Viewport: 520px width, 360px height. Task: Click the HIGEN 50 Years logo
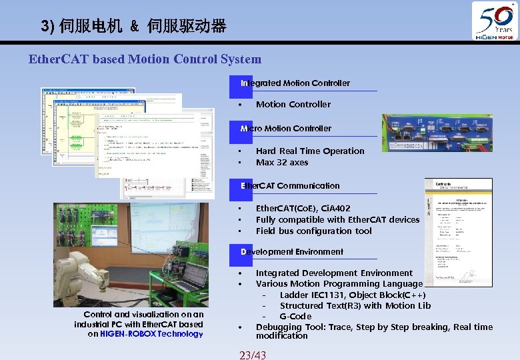494,21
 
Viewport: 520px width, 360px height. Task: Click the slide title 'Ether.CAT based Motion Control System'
145,59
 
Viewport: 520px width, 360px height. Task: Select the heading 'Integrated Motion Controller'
295,83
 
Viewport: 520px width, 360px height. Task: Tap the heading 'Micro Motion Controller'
286,128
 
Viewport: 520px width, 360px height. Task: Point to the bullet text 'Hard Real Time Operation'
310,151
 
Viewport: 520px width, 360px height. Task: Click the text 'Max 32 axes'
282,162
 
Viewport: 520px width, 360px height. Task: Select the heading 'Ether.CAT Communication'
290,185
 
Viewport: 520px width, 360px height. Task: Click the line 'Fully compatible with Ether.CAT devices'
337,219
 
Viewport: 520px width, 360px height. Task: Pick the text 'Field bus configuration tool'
314,231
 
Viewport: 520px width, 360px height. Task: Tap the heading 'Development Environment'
292,251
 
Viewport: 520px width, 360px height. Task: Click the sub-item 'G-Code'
295,316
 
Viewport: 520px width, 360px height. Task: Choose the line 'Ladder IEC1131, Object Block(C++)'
353,295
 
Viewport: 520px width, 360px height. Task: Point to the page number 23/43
252,355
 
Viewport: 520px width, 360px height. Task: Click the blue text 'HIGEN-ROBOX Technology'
151,334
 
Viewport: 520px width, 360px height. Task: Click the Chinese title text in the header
143,27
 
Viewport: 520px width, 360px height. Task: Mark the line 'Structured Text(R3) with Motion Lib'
355,305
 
